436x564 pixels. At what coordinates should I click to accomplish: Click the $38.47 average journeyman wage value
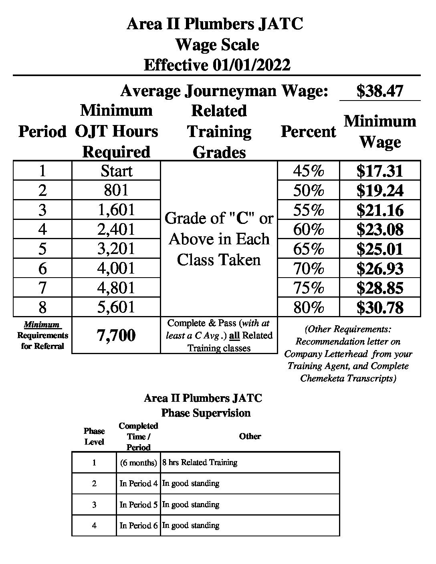tap(379, 91)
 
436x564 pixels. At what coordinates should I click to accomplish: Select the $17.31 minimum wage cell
tap(379, 171)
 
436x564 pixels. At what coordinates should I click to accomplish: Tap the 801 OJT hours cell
tap(116, 190)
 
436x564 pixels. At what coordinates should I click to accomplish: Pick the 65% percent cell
tap(308, 249)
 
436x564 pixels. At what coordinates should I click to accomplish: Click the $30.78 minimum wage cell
tap(379, 308)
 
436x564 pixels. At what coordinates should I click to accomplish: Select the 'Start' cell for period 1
tap(116, 171)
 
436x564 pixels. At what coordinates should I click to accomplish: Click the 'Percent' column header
tap(308, 131)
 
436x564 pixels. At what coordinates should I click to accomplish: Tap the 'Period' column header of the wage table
tap(42, 131)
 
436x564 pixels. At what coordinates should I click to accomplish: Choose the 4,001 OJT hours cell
tap(116, 268)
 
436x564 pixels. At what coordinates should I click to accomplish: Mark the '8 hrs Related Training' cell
tap(200, 463)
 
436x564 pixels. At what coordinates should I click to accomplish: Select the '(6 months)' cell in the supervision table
tap(138, 463)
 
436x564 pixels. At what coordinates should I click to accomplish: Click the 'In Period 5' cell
tap(138, 505)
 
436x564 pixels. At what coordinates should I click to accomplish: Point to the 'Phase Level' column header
tap(94, 436)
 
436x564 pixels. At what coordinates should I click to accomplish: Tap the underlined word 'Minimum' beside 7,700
tap(42, 324)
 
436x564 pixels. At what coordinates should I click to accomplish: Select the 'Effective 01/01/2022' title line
tap(217, 65)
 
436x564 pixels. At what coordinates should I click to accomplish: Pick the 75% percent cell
tap(308, 288)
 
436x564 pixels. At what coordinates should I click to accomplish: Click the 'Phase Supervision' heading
tap(206, 413)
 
